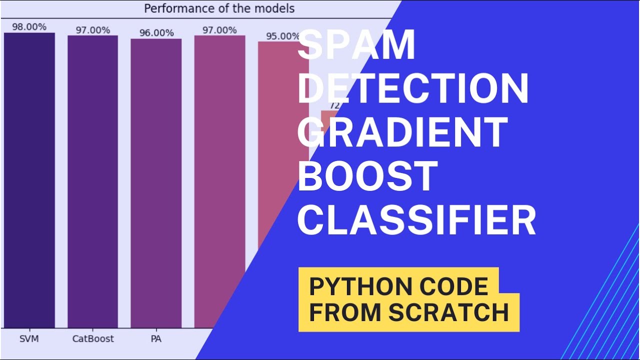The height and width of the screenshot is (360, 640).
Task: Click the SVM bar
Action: [x=29, y=180]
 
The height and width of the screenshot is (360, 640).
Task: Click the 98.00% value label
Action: [x=29, y=27]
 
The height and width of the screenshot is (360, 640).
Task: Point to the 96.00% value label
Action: [x=156, y=33]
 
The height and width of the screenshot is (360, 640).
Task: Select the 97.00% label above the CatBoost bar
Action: [x=93, y=30]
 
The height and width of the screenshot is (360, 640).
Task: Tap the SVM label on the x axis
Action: [x=29, y=339]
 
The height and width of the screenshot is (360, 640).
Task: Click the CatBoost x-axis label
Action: [x=93, y=339]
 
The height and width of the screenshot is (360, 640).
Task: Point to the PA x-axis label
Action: [x=156, y=339]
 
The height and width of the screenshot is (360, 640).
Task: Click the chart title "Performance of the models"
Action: [x=219, y=8]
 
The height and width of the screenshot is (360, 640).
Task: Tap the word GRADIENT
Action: [x=403, y=132]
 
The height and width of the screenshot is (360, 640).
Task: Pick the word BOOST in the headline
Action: [x=368, y=176]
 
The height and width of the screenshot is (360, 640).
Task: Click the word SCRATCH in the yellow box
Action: [x=448, y=312]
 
